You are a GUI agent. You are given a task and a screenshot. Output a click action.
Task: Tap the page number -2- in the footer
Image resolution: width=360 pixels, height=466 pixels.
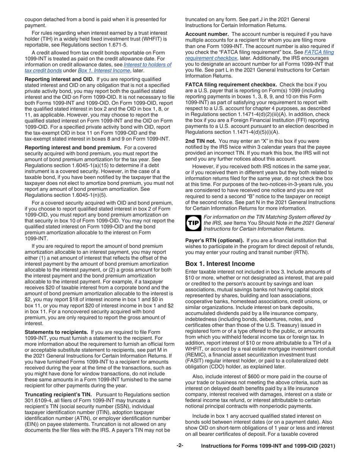click(180, 446)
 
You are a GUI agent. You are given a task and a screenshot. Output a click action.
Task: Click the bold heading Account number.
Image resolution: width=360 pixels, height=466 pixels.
click(207, 34)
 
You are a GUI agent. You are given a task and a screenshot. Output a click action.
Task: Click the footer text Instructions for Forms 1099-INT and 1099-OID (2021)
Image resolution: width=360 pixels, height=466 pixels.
click(268, 447)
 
